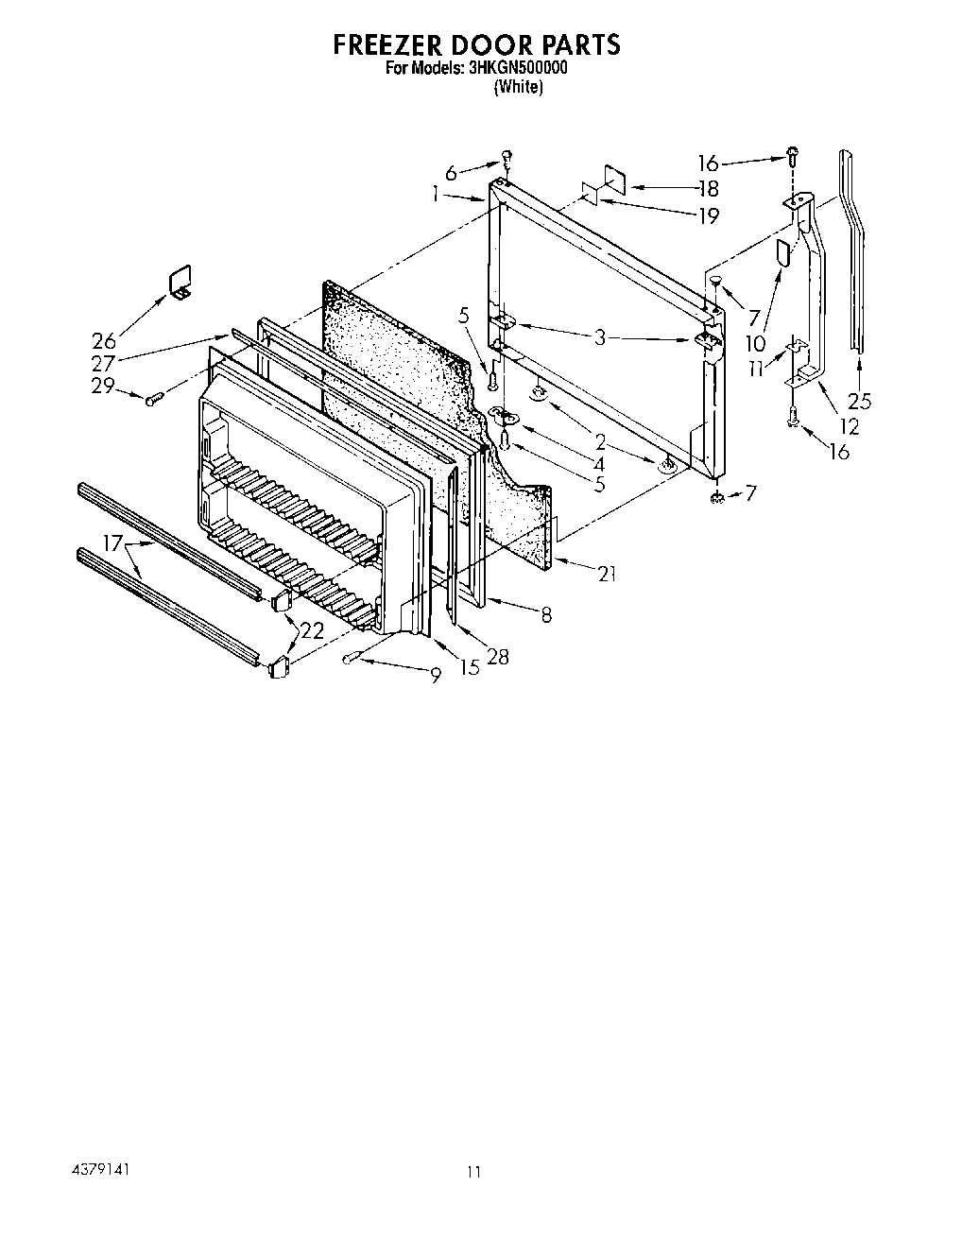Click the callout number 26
pyautogui.click(x=104, y=341)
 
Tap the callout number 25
pyautogui.click(x=859, y=400)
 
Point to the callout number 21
pyautogui.click(x=607, y=573)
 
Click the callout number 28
pyautogui.click(x=497, y=656)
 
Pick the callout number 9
pyautogui.click(x=435, y=676)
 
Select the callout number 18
pyautogui.click(x=709, y=188)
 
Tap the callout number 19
pyautogui.click(x=709, y=215)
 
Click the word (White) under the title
pyautogui.click(x=518, y=87)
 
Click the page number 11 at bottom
pyautogui.click(x=474, y=1173)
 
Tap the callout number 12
pyautogui.click(x=850, y=427)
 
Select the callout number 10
pyautogui.click(x=755, y=344)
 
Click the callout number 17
pyautogui.click(x=113, y=544)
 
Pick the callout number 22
pyautogui.click(x=312, y=630)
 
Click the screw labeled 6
pyautogui.click(x=507, y=157)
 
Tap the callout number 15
pyautogui.click(x=469, y=668)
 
